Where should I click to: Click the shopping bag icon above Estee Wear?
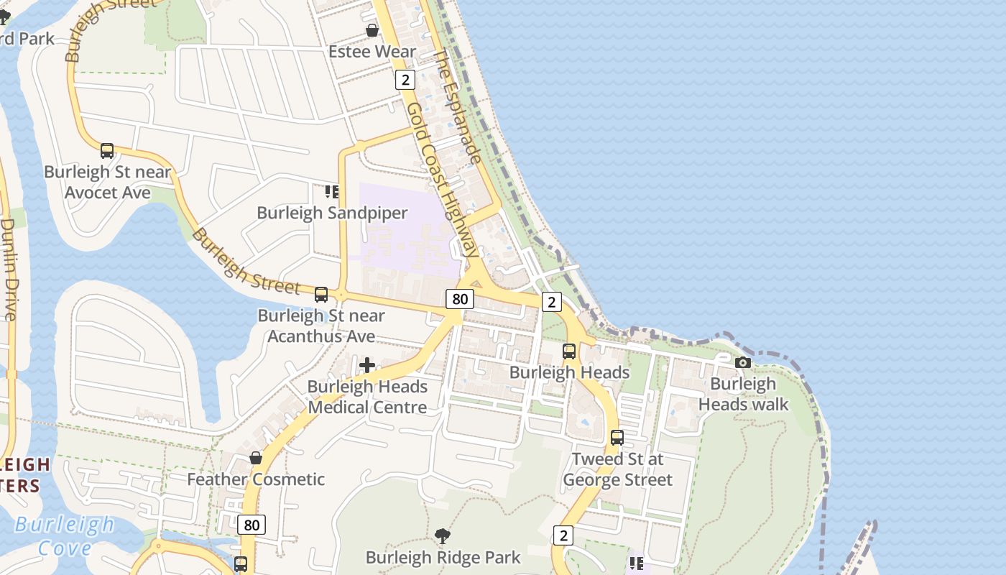372,30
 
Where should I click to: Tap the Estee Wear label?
372,52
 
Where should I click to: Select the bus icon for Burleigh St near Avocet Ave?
107,151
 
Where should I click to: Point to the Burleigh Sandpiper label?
332,213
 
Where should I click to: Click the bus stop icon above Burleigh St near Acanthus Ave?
321,295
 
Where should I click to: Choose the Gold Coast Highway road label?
441,180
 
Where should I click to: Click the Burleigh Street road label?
245,262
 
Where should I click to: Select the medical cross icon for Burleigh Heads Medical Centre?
367,365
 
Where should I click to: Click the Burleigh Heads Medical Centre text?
367,397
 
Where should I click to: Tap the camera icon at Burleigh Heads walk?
743,362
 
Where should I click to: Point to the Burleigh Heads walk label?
743,394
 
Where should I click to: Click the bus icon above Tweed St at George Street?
617,437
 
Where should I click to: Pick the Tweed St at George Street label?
617,469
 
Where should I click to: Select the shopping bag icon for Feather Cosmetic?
256,458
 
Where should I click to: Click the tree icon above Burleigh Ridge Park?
443,535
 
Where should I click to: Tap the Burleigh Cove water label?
65,536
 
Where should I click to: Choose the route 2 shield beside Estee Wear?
405,79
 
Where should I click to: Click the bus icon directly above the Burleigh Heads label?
569,351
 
